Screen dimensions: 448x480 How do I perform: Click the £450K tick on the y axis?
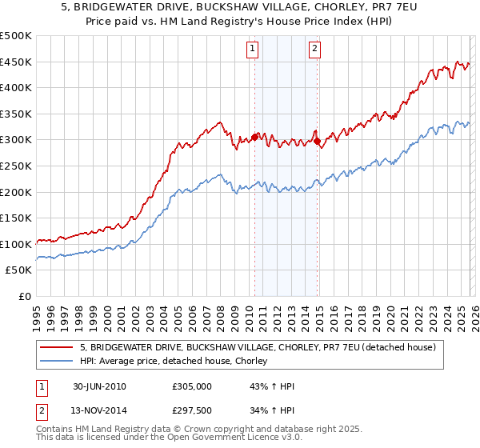pyautogui.click(x=16, y=62)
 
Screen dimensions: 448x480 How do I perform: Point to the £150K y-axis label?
pyautogui.click(x=16, y=218)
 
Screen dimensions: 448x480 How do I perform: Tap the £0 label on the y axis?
pyautogui.click(x=24, y=296)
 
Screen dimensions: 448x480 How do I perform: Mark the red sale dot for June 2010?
pyautogui.click(x=254, y=137)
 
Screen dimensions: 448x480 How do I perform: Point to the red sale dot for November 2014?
pyautogui.click(x=317, y=142)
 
